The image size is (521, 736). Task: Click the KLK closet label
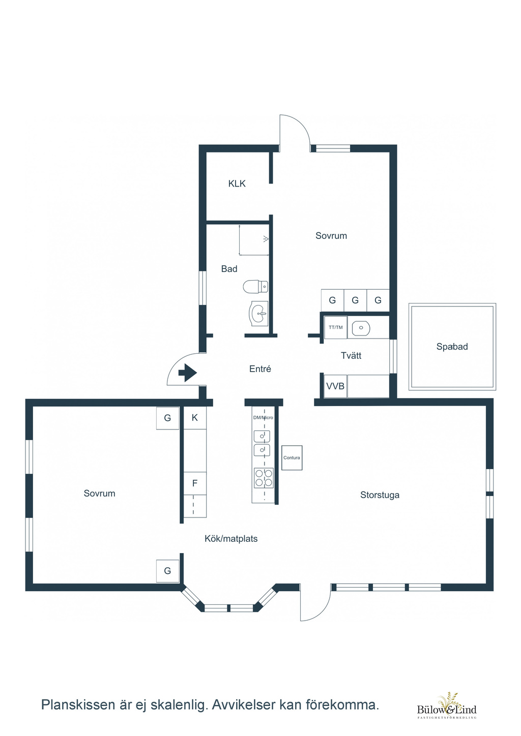237,183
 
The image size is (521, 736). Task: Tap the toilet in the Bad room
255,287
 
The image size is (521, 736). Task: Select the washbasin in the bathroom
259,314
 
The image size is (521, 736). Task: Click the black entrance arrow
187,373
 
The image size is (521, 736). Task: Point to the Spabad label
452,346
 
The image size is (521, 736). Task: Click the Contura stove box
292,457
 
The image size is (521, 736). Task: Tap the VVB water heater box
335,386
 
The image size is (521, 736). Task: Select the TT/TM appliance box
335,327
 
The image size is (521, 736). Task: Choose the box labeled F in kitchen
195,483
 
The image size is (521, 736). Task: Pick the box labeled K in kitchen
195,418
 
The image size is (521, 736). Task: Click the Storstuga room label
380,495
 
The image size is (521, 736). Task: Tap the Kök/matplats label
231,538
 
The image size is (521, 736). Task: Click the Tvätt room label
351,355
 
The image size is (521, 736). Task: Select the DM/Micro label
263,418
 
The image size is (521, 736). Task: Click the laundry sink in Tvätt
361,327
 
